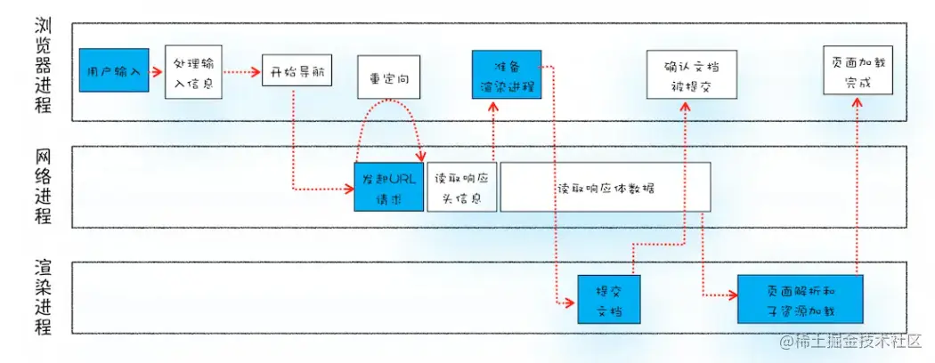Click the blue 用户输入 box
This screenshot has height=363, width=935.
click(x=114, y=70)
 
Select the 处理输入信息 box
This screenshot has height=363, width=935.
click(x=193, y=70)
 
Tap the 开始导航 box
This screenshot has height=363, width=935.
click(x=297, y=71)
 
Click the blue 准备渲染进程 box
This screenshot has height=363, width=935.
click(x=506, y=75)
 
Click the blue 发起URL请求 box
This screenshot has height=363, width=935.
click(x=389, y=187)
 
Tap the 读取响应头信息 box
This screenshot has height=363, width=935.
click(x=461, y=187)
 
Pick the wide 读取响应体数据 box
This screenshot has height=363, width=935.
click(x=605, y=187)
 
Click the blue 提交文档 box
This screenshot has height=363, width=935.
click(x=609, y=301)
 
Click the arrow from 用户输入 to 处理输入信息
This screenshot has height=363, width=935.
click(x=157, y=71)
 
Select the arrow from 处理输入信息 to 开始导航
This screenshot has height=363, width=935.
click(x=240, y=71)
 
